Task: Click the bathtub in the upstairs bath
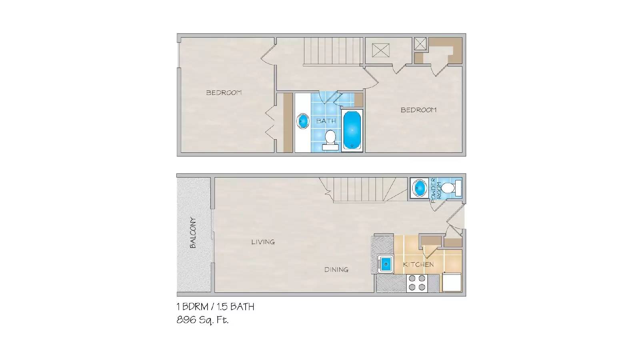tap(352, 130)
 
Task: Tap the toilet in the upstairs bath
tap(330, 139)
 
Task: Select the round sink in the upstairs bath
tap(303, 121)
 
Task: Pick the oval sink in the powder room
tap(420, 188)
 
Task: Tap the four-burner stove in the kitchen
tap(417, 283)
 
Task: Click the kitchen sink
tap(386, 264)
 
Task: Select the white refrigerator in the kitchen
tap(451, 282)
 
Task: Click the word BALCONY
tap(193, 232)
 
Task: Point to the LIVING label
tap(263, 242)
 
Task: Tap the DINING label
tap(336, 270)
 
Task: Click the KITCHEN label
tap(418, 264)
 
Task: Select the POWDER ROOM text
tap(436, 190)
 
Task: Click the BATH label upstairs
tap(326, 121)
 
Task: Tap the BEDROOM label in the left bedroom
tap(224, 92)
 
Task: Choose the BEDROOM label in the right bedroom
tap(418, 110)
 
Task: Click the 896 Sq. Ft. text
tap(202, 320)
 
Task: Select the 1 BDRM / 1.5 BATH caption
tap(215, 307)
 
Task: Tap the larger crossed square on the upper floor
tap(380, 50)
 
